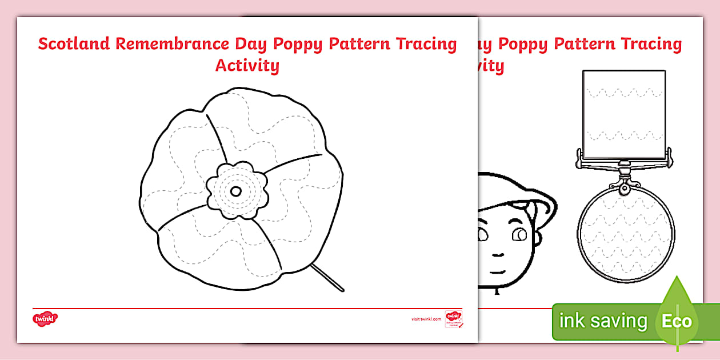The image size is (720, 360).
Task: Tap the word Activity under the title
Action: [247, 65]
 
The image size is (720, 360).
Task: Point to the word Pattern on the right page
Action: [591, 44]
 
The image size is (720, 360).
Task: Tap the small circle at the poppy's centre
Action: [236, 191]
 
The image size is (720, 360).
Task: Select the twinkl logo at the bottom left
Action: [46, 318]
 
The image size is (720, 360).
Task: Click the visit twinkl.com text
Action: [426, 319]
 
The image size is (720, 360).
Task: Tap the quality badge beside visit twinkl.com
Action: [453, 319]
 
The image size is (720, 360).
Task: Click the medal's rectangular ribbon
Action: [624, 114]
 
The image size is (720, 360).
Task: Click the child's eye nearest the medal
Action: [520, 234]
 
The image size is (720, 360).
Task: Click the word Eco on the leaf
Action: [677, 321]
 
